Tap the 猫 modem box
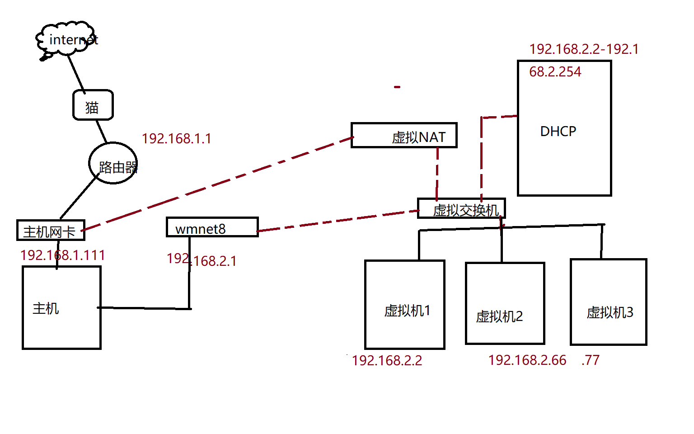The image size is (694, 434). [x=93, y=105]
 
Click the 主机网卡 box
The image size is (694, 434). [x=50, y=231]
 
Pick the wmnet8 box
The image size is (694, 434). [x=212, y=227]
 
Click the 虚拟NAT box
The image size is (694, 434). [x=404, y=136]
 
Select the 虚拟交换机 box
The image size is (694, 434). [x=461, y=209]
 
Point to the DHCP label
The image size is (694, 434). [x=558, y=132]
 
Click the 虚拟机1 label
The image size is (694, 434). [x=407, y=311]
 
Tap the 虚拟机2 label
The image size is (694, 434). [x=499, y=316]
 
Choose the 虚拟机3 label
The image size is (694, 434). [x=610, y=312]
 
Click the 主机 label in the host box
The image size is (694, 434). [x=46, y=309]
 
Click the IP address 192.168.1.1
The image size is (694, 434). [x=177, y=138]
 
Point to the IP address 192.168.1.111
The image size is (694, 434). [x=63, y=255]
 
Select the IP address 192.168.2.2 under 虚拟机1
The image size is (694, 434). [x=387, y=360]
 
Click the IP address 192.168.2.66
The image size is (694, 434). [x=527, y=360]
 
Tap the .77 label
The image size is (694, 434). [x=591, y=360]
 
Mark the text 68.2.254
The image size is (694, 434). [x=555, y=72]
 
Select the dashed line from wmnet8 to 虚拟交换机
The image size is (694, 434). [x=339, y=220]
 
